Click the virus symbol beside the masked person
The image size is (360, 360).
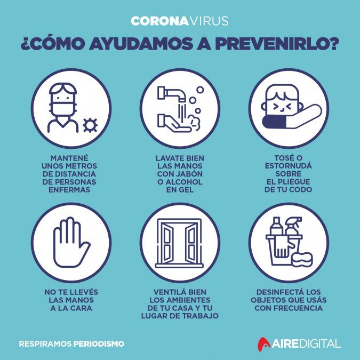(90, 125)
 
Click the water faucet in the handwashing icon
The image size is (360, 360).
(171, 93)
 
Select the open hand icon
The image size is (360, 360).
(71, 242)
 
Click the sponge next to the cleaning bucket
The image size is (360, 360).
(302, 259)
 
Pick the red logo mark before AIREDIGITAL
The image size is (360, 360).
(264, 344)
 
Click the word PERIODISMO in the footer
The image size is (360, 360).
(99, 343)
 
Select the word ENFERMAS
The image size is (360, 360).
(69, 190)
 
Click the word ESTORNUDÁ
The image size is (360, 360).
(289, 166)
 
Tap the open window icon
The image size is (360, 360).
(180, 243)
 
